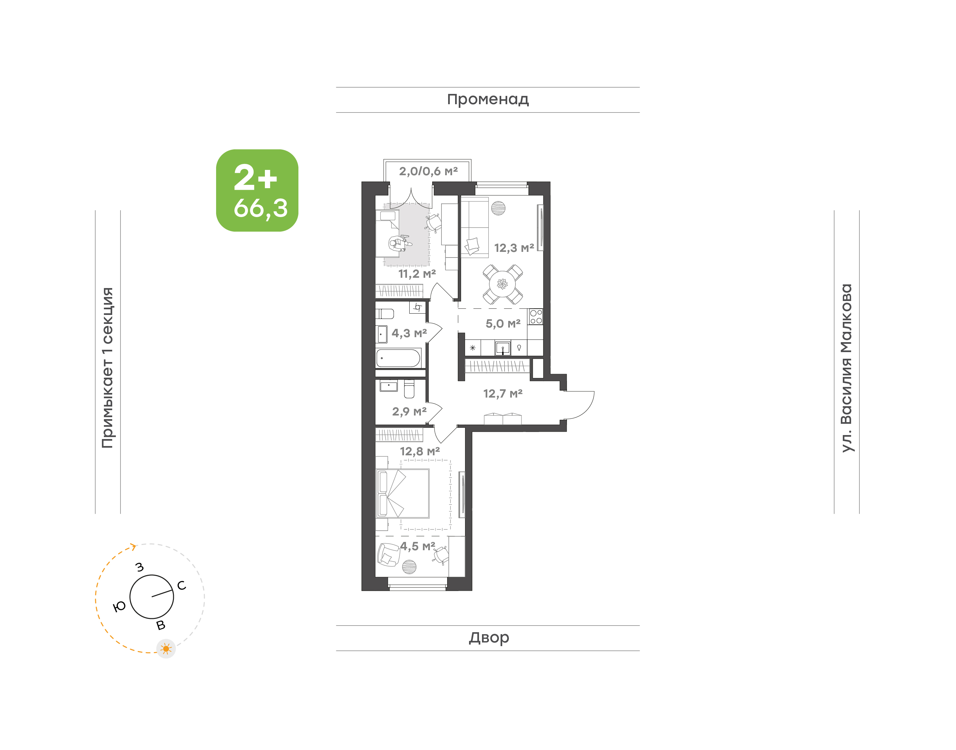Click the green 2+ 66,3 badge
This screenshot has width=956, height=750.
coord(257,190)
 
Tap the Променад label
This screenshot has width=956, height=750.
coord(488,100)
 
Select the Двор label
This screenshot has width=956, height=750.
coord(489,637)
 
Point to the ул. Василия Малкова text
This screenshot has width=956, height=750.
coord(846,368)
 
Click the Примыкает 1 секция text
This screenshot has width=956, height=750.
coord(108,368)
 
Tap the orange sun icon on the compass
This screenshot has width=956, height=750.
coord(166,648)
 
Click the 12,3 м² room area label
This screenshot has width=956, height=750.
coord(514,248)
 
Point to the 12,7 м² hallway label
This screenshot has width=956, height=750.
coord(503,394)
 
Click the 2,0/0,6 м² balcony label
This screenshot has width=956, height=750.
coord(428,171)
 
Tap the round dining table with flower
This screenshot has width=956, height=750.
coord(502,284)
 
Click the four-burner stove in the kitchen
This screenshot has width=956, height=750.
coord(536,317)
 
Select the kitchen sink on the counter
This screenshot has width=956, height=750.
coord(503,348)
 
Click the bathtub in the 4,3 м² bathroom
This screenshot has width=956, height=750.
coord(399,358)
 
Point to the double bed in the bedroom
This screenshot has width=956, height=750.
coord(403,493)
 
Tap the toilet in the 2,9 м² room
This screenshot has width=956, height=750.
coord(409,389)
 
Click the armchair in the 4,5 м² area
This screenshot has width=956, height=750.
coord(388,555)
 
